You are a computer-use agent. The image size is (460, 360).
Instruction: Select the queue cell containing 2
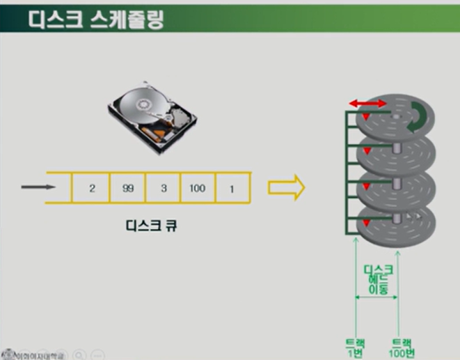tap(91, 188)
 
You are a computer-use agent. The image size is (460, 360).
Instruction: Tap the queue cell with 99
tap(127, 188)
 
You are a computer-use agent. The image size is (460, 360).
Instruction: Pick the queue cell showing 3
tap(163, 188)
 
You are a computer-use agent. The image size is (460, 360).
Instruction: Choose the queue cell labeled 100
tap(198, 188)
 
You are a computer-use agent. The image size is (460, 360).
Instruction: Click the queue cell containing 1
tap(232, 188)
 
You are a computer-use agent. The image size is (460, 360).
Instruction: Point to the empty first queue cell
tap(58, 188)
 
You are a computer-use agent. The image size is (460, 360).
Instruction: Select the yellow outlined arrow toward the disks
tap(287, 187)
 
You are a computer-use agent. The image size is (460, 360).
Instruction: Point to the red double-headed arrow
tap(367, 103)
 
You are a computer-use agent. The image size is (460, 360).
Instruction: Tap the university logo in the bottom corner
tap(9, 352)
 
